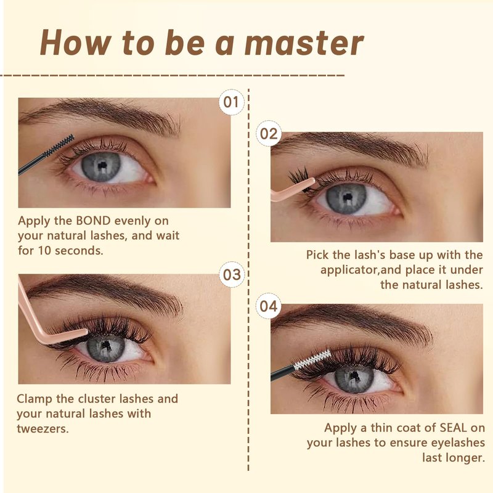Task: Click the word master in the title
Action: [x=304, y=43]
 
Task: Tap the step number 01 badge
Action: [x=232, y=102]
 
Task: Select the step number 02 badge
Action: [x=269, y=134]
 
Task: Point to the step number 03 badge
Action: [x=232, y=274]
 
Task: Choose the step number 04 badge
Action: [x=269, y=306]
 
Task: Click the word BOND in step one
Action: [x=93, y=221]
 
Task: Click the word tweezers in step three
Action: [x=43, y=428]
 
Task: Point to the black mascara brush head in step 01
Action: [x=59, y=145]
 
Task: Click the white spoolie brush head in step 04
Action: [x=312, y=359]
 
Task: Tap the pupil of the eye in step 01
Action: [x=101, y=166]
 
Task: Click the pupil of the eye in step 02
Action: [x=347, y=197]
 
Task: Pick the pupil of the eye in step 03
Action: [x=107, y=346]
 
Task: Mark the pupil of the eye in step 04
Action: [x=354, y=375]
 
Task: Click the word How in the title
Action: [x=75, y=43]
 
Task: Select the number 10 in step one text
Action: [x=44, y=251]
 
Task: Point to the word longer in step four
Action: [x=453, y=458]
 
